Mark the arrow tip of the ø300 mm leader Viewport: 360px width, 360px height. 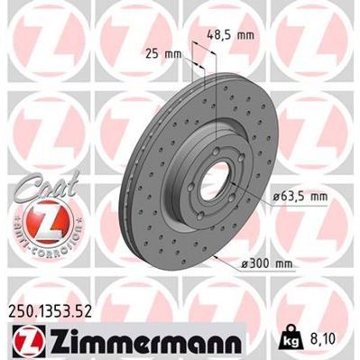tap(217, 253)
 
